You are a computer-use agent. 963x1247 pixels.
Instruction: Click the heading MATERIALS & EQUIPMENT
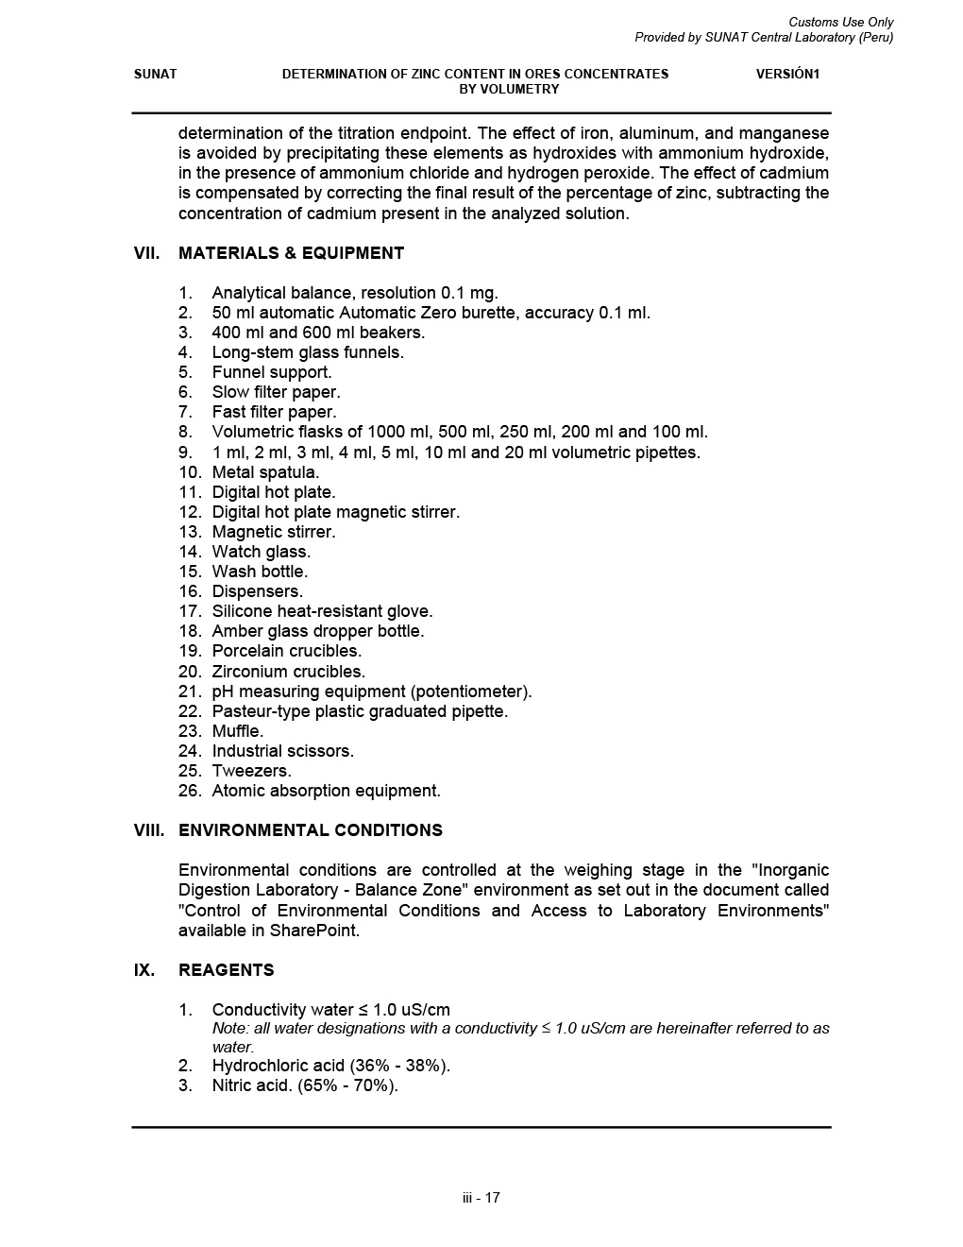[291, 253]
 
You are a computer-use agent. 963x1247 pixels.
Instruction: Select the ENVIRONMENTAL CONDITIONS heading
[310, 830]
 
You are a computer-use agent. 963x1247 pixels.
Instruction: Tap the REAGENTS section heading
[226, 970]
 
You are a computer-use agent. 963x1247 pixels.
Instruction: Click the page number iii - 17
[481, 1198]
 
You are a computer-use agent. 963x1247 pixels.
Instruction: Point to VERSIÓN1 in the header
[787, 74]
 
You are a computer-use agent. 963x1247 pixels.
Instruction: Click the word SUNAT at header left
[155, 74]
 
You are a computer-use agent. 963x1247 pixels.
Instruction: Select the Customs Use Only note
[840, 22]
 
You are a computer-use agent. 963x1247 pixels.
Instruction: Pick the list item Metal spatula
[265, 472]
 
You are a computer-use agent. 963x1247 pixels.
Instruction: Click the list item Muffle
[238, 731]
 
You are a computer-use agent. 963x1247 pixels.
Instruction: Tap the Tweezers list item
[251, 771]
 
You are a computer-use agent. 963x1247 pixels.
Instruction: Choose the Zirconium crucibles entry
[288, 672]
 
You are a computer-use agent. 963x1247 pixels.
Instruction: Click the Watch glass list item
[261, 552]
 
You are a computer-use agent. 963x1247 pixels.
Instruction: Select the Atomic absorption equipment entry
[326, 791]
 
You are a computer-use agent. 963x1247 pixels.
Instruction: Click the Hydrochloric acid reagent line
[330, 1066]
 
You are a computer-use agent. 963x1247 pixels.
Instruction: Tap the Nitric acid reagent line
[305, 1085]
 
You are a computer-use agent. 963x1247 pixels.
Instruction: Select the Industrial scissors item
[282, 751]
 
